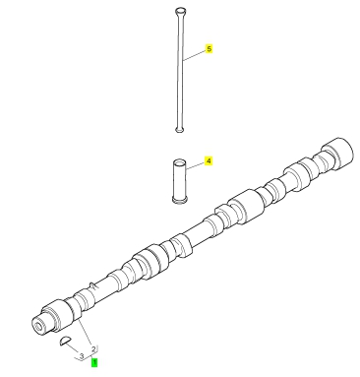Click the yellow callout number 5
coord(209,49)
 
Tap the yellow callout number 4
coord(209,161)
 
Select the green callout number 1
coord(94,363)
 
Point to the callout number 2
coord(93,348)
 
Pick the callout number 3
coord(82,356)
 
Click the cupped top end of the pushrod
coord(180,12)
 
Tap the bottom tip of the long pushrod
coord(179,130)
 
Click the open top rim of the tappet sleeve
coord(180,162)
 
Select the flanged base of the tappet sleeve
coord(180,199)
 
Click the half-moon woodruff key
coord(65,342)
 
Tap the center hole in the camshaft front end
coord(39,327)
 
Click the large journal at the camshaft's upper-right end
coord(337,153)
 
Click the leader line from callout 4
coord(196,165)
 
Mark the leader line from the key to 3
coord(73,347)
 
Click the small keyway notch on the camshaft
coord(93,285)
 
